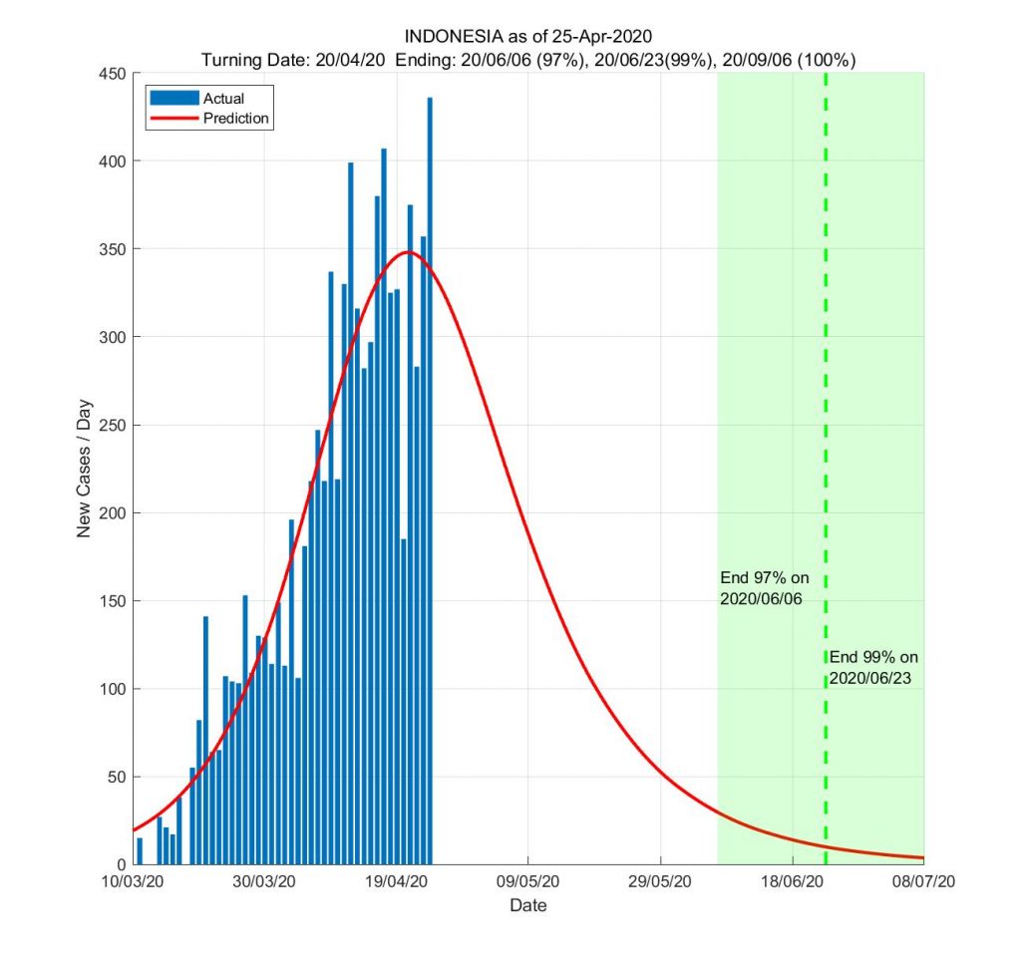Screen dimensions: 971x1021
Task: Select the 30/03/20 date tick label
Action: [264, 883]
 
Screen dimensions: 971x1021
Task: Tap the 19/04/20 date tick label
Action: [396, 883]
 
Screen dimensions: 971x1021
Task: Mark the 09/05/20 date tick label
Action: [528, 883]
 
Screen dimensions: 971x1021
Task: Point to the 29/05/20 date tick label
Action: [660, 883]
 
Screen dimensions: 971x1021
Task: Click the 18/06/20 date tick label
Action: [793, 883]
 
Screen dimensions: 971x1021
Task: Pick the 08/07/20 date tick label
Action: [924, 883]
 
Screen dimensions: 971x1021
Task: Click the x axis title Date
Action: [527, 906]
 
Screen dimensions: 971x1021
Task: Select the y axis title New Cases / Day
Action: [84, 469]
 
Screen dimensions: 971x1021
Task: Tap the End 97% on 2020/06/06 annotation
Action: [764, 589]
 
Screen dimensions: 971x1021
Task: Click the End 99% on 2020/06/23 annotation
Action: [874, 668]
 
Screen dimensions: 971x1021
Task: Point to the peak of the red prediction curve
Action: [408, 252]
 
